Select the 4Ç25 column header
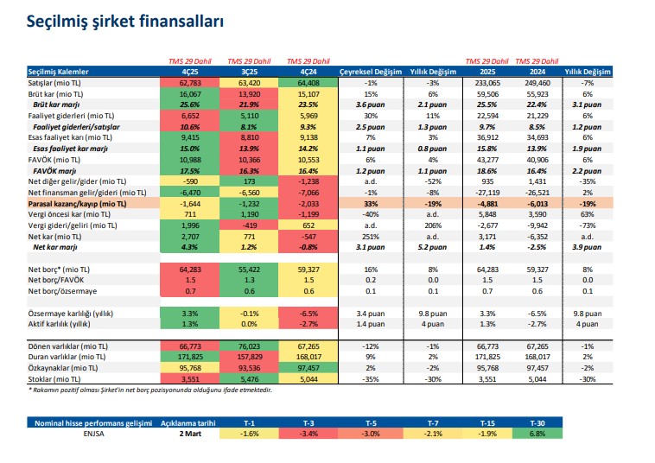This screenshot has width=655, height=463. point(191,71)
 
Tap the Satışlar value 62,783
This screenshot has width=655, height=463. point(191,81)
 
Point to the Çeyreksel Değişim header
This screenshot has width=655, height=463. point(371,71)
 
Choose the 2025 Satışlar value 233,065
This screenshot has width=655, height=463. point(490,81)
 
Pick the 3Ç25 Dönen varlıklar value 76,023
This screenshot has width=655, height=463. point(250,345)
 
